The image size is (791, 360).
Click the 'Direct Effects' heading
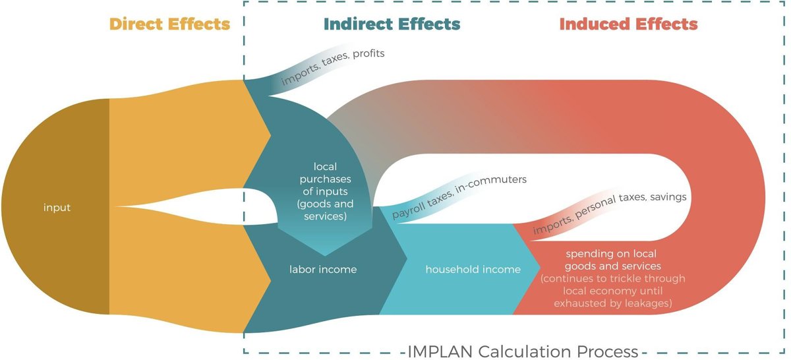(169, 24)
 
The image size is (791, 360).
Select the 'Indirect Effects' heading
(392, 24)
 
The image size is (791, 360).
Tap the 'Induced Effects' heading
(628, 24)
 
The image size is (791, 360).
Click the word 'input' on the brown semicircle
(57, 208)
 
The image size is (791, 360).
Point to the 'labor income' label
(323, 269)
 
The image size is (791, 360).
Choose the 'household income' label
(473, 269)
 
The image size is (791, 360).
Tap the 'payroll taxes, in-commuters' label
(459, 196)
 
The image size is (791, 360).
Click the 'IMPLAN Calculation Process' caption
(523, 351)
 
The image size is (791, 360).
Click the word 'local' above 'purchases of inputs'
(323, 166)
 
